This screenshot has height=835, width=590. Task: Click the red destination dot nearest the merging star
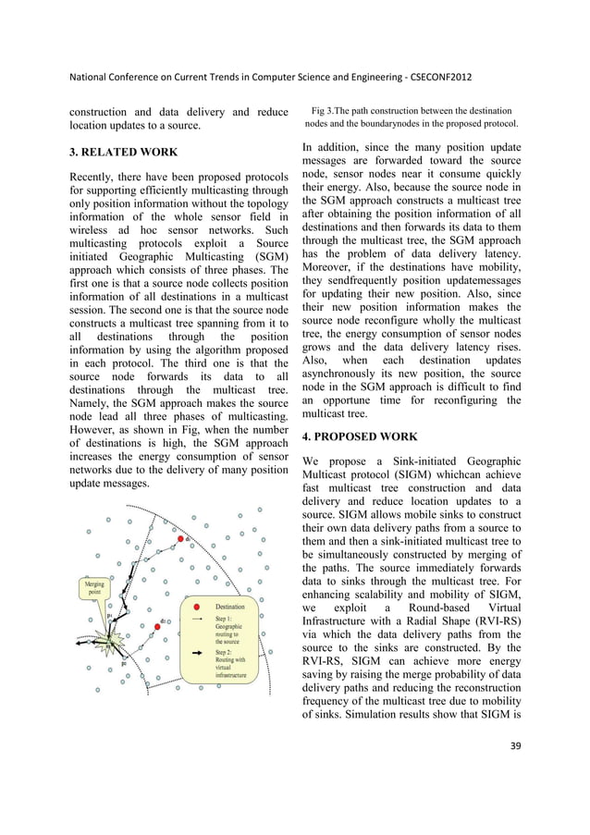coord(158,626)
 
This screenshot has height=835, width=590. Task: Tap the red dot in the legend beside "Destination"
coord(197,607)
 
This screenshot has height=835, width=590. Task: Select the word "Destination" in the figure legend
coord(231,607)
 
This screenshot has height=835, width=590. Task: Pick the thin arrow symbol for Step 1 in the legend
coord(197,620)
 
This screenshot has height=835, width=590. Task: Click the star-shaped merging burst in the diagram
coord(112,641)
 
